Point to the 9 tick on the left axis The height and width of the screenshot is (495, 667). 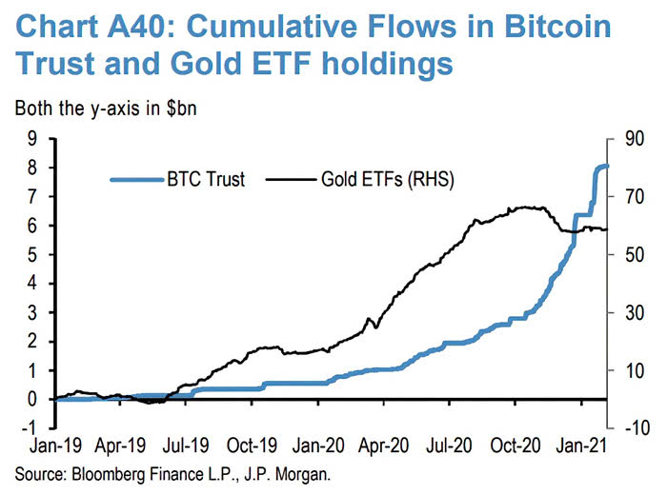(x=36, y=139)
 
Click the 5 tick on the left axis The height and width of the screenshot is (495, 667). (x=36, y=255)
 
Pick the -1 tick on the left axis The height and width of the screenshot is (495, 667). (x=32, y=428)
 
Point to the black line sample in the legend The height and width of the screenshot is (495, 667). (x=292, y=179)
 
